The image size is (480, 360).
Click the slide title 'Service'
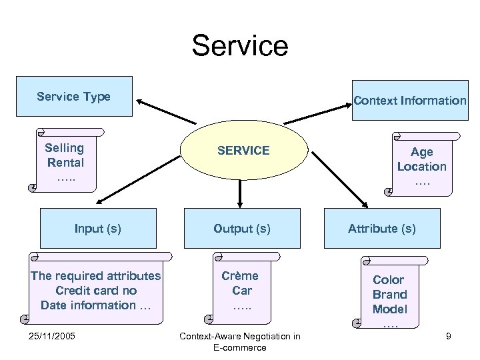pyautogui.click(x=239, y=46)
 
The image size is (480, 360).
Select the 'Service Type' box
pyautogui.click(x=74, y=97)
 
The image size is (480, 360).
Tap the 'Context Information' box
pyautogui.click(x=410, y=101)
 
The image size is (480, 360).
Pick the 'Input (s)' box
pyautogui.click(x=98, y=229)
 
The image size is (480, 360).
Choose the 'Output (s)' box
pyautogui.click(x=242, y=229)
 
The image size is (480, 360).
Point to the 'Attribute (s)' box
pyautogui.click(x=382, y=229)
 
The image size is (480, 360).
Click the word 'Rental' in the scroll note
pyautogui.click(x=65, y=162)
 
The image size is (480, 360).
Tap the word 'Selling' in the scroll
pyautogui.click(x=65, y=147)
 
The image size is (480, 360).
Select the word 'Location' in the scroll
pyautogui.click(x=421, y=167)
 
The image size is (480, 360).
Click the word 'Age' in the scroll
pyautogui.click(x=421, y=152)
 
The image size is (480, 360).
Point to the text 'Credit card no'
pyautogui.click(x=96, y=291)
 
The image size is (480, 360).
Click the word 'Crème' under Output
pyautogui.click(x=241, y=275)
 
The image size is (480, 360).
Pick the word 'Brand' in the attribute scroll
pyautogui.click(x=389, y=294)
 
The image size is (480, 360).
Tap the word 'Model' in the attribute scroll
pyautogui.click(x=389, y=309)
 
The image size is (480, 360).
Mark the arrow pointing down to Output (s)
pyautogui.click(x=240, y=193)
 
